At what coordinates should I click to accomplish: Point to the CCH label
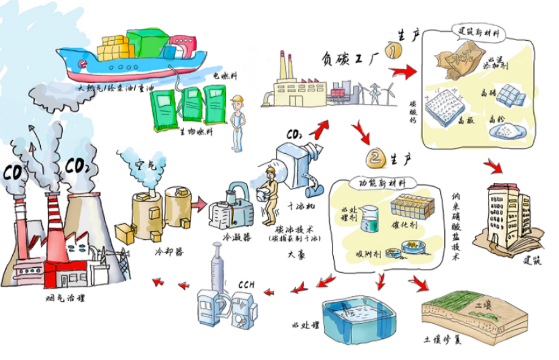(245, 284)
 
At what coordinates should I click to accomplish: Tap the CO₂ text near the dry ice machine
(295, 134)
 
